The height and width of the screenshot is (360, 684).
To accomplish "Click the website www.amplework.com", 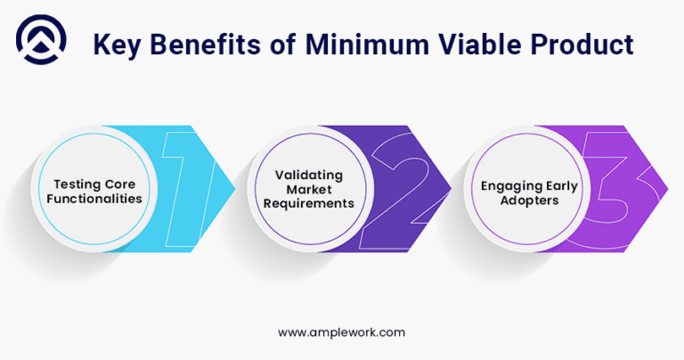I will click(x=342, y=331).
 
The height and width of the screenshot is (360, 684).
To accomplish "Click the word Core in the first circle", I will click(x=124, y=183).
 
